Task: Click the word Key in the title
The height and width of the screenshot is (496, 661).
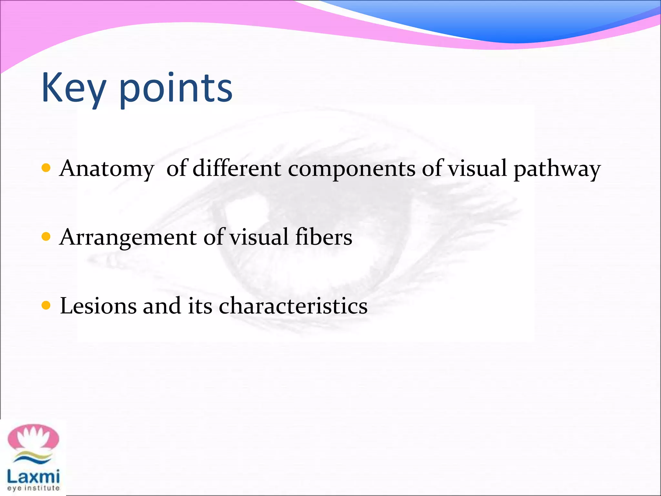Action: pyautogui.click(x=74, y=88)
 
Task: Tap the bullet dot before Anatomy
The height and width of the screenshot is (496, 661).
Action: pyautogui.click(x=46, y=168)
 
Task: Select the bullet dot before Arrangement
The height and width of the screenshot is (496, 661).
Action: pyautogui.click(x=46, y=237)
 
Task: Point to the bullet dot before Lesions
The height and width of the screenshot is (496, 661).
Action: pyautogui.click(x=46, y=305)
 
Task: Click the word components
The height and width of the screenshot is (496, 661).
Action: pyautogui.click(x=351, y=169)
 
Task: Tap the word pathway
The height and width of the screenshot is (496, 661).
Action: pyautogui.click(x=557, y=169)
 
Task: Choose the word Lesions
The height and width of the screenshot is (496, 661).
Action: pyautogui.click(x=98, y=305)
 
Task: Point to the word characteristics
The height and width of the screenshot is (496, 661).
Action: pyautogui.click(x=293, y=305)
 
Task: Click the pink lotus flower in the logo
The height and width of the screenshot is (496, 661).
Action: pyautogui.click(x=34, y=438)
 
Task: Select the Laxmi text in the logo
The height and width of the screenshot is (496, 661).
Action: pyautogui.click(x=33, y=477)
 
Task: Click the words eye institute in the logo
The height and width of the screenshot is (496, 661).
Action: pyautogui.click(x=33, y=488)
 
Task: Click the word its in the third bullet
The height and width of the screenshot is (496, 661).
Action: pyautogui.click(x=200, y=305)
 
